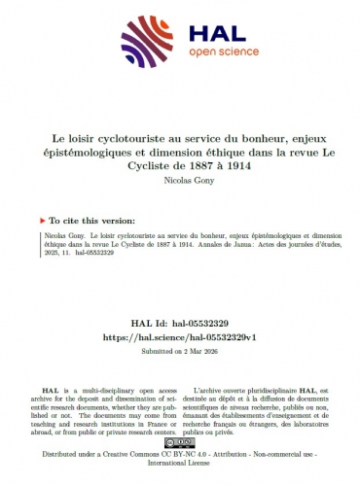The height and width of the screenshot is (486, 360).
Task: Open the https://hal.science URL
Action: [x=180, y=335]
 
